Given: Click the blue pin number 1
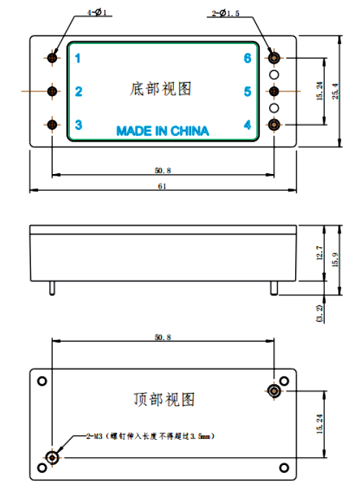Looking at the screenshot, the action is click(78, 58).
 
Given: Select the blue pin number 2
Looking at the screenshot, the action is click(79, 92).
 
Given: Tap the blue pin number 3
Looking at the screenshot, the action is click(79, 125).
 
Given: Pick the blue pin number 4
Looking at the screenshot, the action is click(247, 125).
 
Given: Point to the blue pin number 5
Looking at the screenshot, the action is click(247, 92).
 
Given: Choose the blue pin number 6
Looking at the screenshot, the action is click(247, 58).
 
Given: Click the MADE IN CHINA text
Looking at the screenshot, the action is click(162, 131).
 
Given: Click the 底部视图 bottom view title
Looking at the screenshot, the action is click(161, 89).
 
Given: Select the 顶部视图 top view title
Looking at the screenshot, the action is click(164, 399).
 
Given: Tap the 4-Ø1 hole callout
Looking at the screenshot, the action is click(97, 12).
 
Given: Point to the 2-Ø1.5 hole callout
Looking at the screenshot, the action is click(226, 13).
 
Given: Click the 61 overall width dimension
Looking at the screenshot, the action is click(162, 186).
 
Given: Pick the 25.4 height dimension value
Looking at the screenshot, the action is click(335, 91).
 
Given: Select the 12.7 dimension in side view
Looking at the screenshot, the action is click(320, 253).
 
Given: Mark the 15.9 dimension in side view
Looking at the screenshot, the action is click(335, 260).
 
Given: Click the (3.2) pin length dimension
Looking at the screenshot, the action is click(320, 313).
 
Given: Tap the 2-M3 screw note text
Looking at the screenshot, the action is click(151, 436).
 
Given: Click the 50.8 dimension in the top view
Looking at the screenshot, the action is click(163, 337).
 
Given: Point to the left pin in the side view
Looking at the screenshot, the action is click(52, 288).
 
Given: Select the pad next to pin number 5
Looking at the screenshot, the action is click(274, 91).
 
